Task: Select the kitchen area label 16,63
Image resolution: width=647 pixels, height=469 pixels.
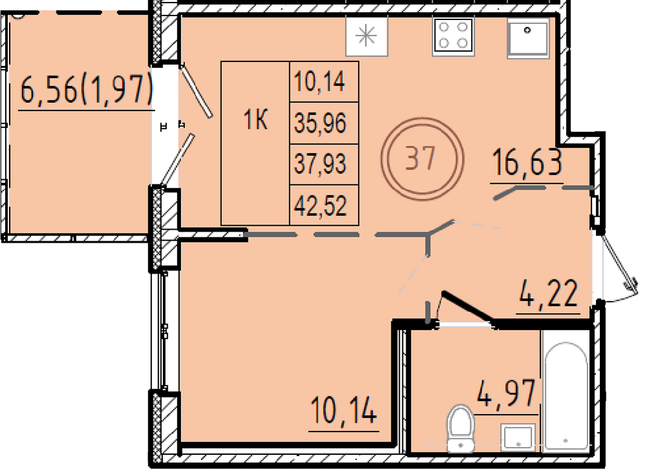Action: [x=527, y=162]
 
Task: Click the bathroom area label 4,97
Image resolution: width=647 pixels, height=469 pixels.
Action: [x=507, y=393]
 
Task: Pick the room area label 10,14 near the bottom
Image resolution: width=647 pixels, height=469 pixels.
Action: [x=344, y=410]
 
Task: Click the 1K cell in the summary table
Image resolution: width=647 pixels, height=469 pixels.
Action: [x=256, y=120]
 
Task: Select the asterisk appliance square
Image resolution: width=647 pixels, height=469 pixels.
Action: [x=366, y=36]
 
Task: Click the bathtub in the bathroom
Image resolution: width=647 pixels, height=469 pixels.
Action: [x=565, y=397]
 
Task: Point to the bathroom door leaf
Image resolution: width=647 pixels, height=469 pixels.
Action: [x=468, y=308]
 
